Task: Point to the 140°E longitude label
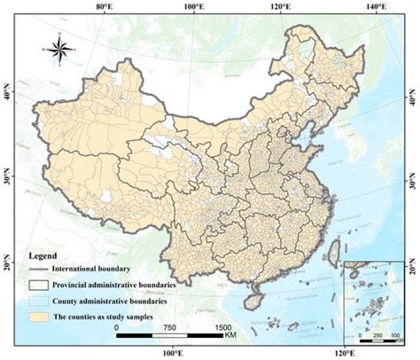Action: click(376, 7)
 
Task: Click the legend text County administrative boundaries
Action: click(120, 301)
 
